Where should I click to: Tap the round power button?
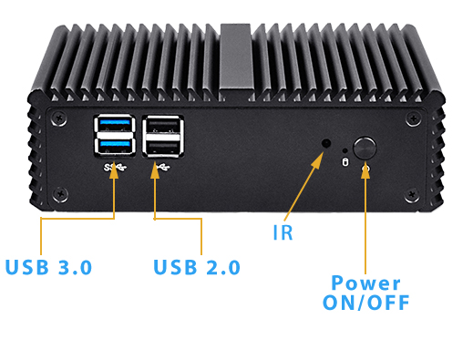365,147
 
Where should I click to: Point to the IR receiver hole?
327,143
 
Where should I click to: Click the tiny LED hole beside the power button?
344,150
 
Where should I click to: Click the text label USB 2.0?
196,267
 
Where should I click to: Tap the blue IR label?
283,231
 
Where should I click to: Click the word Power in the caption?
365,283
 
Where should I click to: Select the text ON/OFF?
365,303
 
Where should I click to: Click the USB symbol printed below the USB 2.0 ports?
161,166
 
